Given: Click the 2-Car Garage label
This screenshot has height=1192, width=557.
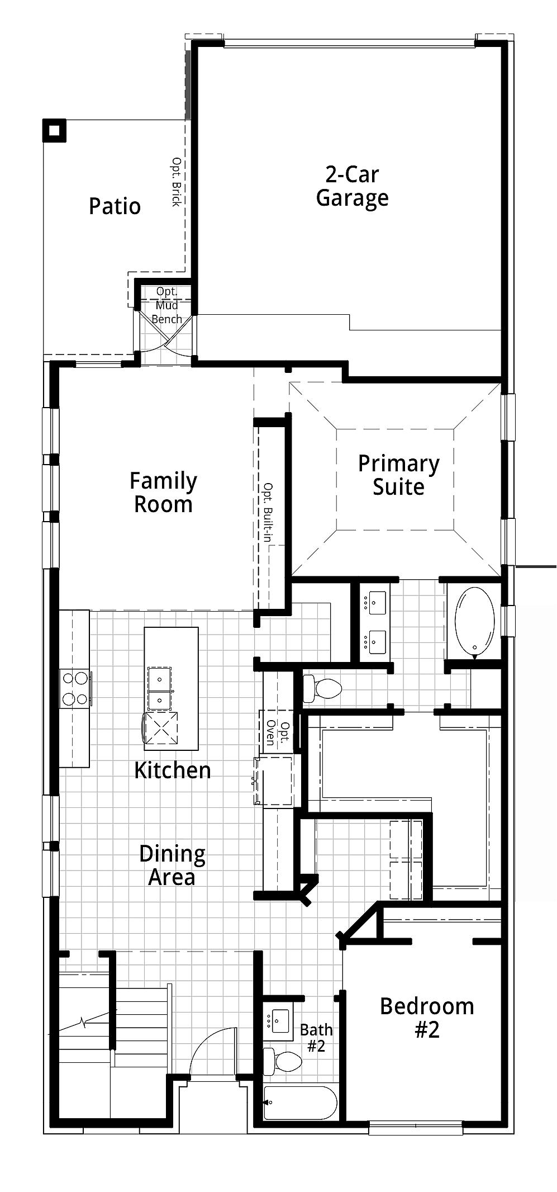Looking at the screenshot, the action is pyautogui.click(x=352, y=186).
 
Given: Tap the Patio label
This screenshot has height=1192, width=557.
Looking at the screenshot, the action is pyautogui.click(x=115, y=206).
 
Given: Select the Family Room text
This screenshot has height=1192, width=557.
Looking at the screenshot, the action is pyautogui.click(x=163, y=493).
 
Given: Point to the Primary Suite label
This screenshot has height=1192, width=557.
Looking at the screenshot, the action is pyautogui.click(x=398, y=475).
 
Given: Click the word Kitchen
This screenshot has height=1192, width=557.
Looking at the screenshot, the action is pyautogui.click(x=173, y=770).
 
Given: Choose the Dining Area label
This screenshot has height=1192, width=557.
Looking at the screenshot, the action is pyautogui.click(x=172, y=865).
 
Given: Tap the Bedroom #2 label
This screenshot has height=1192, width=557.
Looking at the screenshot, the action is pyautogui.click(x=427, y=1018).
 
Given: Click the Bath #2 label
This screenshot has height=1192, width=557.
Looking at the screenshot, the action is pyautogui.click(x=316, y=1037).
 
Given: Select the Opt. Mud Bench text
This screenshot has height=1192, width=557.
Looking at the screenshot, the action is pyautogui.click(x=167, y=305).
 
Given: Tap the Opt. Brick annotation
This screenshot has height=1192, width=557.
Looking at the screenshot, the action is pyautogui.click(x=176, y=182).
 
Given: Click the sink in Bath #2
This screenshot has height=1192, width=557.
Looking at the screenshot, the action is pyautogui.click(x=280, y=1021).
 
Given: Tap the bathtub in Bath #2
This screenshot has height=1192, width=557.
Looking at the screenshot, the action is pyautogui.click(x=301, y=1103).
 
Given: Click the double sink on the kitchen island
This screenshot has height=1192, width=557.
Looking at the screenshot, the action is pyautogui.click(x=160, y=688).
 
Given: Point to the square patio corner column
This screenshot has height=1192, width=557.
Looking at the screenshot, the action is pyautogui.click(x=54, y=131).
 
